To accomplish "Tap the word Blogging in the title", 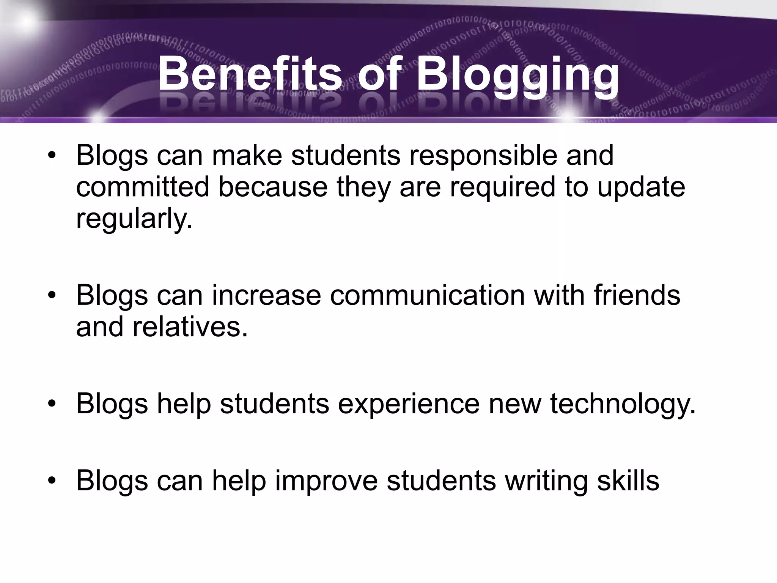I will point(517,74).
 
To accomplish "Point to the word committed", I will point(143,187).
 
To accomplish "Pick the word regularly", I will point(134,219).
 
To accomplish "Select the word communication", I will point(427,295).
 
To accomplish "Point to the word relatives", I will point(190,327).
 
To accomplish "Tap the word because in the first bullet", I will point(273,187).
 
